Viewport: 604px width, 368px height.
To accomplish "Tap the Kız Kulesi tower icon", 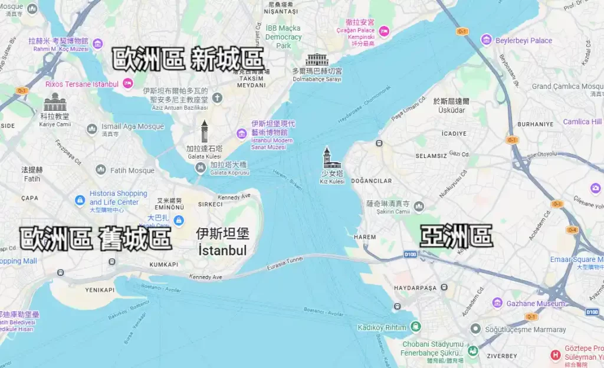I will (x=327, y=158).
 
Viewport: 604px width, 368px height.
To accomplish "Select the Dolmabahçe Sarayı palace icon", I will (x=317, y=60).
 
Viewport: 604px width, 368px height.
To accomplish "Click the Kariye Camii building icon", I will (x=55, y=102).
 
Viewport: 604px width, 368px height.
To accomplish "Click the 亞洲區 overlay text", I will (x=456, y=236).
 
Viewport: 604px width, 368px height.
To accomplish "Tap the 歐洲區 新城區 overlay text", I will (x=188, y=59).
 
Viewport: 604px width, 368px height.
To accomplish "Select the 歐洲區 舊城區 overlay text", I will (x=96, y=238).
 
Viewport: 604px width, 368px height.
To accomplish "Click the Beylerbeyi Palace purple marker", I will (x=486, y=40).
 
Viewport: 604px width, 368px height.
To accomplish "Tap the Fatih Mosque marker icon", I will (x=101, y=170).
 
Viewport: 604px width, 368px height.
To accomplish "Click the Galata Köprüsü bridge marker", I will (x=201, y=168).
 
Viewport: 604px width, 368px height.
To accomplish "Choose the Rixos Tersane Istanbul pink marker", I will (x=127, y=84).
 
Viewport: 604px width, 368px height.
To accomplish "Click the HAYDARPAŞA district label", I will (x=415, y=287).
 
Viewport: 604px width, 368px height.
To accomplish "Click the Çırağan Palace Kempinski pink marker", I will (x=384, y=30).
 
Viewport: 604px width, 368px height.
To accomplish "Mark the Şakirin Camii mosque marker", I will (x=419, y=206).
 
